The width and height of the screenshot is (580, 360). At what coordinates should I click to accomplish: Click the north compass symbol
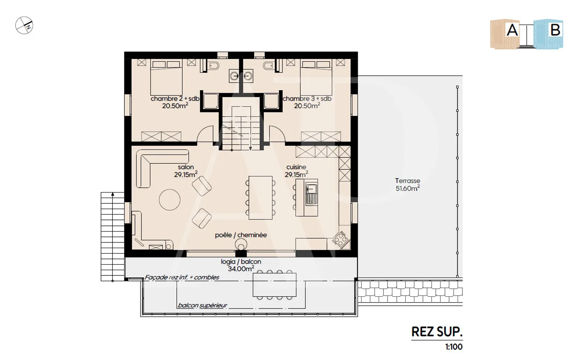(24, 25)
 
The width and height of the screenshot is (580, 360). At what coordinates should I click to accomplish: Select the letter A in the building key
(512, 30)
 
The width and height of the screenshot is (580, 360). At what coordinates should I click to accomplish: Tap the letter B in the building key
(555, 30)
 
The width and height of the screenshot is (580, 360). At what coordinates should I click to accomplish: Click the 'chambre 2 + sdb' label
(175, 99)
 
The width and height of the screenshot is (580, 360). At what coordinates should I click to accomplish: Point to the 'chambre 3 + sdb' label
(307, 99)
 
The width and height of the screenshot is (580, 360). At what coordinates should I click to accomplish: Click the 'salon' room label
(186, 167)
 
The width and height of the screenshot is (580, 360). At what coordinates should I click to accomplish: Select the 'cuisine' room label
(296, 167)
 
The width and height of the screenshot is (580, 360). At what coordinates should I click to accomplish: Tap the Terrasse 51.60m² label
(408, 184)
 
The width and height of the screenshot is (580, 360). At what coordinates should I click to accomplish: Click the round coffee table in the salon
(170, 199)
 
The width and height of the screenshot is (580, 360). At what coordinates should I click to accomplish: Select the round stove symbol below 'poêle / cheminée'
(241, 244)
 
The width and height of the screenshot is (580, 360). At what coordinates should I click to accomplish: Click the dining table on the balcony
(274, 285)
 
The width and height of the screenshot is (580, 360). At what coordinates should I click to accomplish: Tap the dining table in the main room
(261, 198)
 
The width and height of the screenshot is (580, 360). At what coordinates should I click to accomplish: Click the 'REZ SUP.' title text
(437, 332)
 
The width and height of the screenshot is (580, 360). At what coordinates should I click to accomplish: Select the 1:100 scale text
(454, 347)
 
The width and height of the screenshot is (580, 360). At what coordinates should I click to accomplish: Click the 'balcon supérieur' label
(203, 305)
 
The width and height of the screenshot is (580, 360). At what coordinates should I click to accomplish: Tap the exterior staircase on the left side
(112, 236)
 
